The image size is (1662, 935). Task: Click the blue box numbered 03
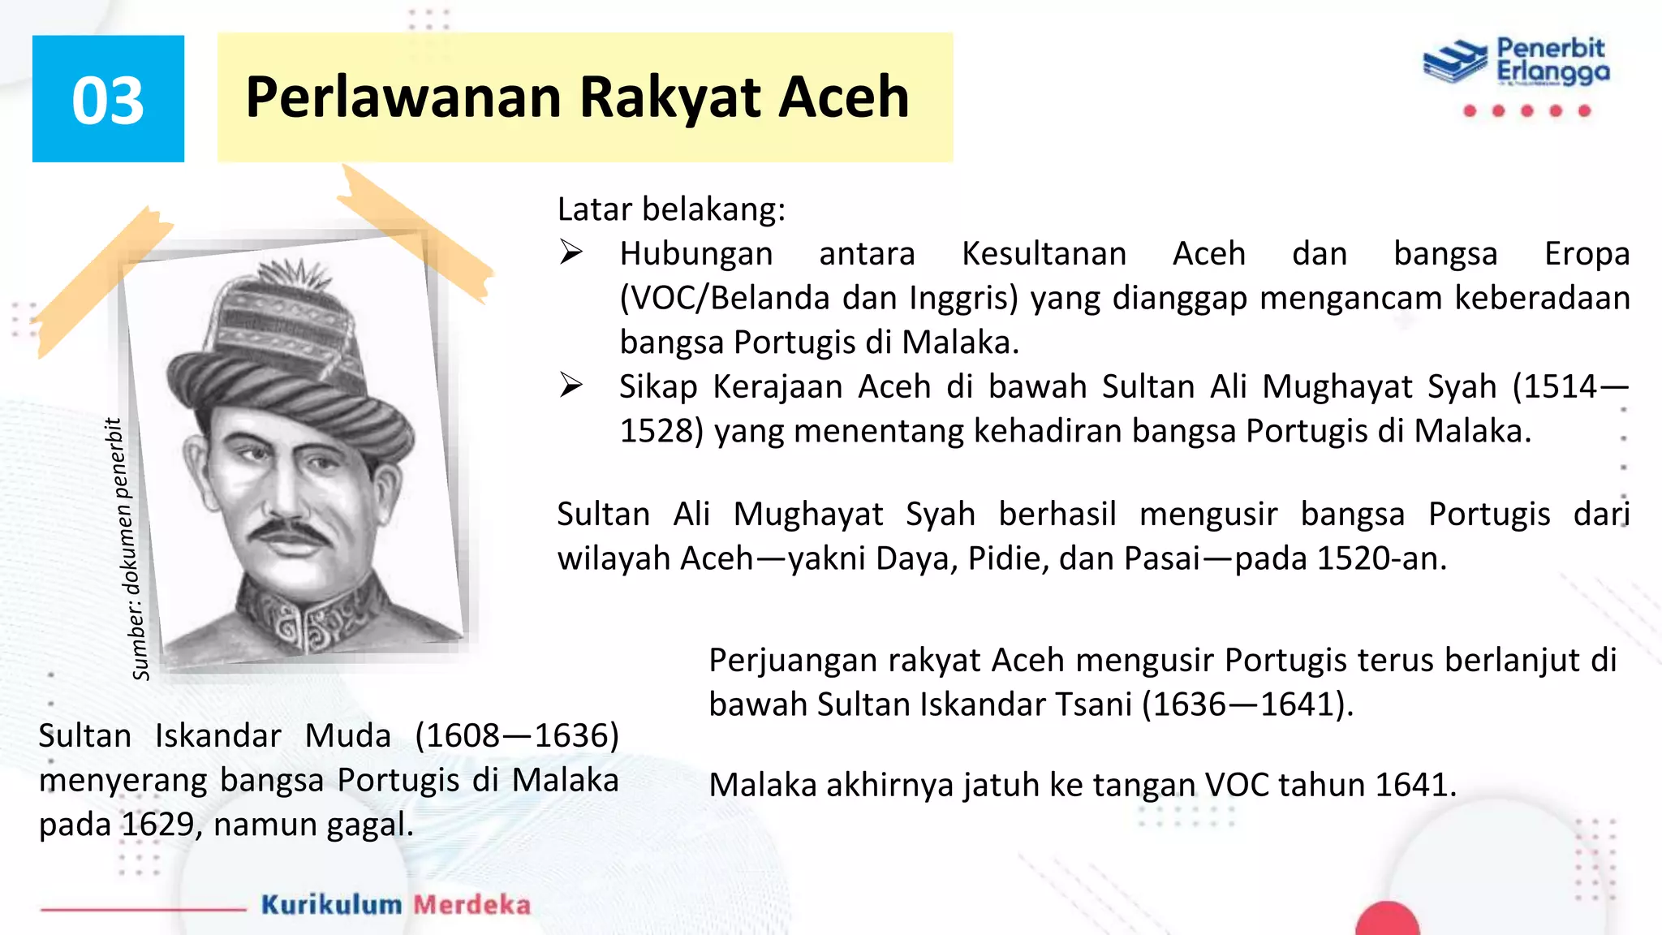pyautogui.click(x=108, y=99)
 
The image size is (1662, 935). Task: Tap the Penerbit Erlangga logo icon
pyautogui.click(x=1455, y=61)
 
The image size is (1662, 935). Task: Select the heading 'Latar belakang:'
pyautogui.click(x=671, y=209)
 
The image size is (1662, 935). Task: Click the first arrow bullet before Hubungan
pyautogui.click(x=571, y=253)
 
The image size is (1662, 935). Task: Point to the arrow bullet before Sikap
pyautogui.click(x=571, y=386)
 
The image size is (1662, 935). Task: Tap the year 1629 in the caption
pyautogui.click(x=158, y=825)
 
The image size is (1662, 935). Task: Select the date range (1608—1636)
pyautogui.click(x=517, y=736)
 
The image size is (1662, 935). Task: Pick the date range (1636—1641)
pyautogui.click(x=1247, y=704)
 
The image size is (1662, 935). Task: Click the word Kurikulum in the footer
pyautogui.click(x=331, y=904)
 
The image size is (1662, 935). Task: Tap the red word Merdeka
pyautogui.click(x=471, y=904)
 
